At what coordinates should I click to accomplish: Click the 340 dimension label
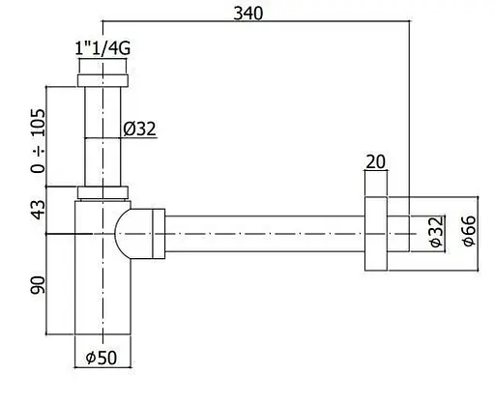click(x=247, y=14)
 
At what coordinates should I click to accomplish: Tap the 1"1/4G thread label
click(x=102, y=48)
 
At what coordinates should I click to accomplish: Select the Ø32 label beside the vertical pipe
click(x=139, y=129)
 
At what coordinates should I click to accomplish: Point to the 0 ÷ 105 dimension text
click(x=38, y=141)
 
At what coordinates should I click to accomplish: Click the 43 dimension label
click(x=38, y=210)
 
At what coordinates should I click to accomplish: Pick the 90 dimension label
click(x=38, y=285)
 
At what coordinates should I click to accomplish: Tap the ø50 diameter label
click(x=102, y=358)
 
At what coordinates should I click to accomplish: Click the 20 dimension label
click(x=376, y=161)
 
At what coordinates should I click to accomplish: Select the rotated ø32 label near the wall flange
click(x=437, y=232)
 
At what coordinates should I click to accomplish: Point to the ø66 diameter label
click(x=469, y=231)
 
